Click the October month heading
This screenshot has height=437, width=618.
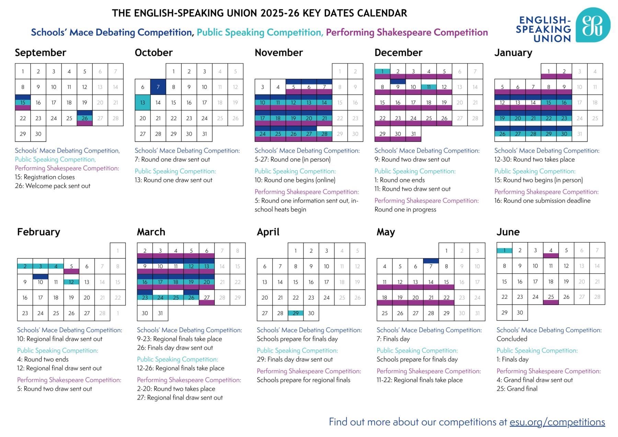coord(153,53)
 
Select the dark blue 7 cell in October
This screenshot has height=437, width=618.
coord(158,87)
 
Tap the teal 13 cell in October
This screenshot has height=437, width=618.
coord(142,102)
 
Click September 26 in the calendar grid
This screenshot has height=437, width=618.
coord(84,118)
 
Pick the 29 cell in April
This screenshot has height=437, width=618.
coord(296,313)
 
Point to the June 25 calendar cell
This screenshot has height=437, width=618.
coord(551,297)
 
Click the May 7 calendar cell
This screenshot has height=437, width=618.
coord(431,266)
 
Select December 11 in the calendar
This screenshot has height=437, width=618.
coord(429,87)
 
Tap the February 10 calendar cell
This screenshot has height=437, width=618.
coord(41,282)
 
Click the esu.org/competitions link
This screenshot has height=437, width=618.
coord(557,422)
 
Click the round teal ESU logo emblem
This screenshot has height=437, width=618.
coord(593,25)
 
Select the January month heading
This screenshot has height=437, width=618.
coord(513,53)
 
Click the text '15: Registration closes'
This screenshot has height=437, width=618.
coord(45,177)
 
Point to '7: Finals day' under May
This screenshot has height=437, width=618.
coord(393,339)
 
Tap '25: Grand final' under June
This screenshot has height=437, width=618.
coord(517,389)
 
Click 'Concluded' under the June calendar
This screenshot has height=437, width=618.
coord(512,339)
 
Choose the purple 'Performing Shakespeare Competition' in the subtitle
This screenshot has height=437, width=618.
coord(407,32)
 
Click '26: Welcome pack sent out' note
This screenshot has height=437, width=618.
coord(53,186)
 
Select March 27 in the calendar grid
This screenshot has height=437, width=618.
coord(207,298)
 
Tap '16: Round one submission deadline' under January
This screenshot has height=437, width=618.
coord(542,200)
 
